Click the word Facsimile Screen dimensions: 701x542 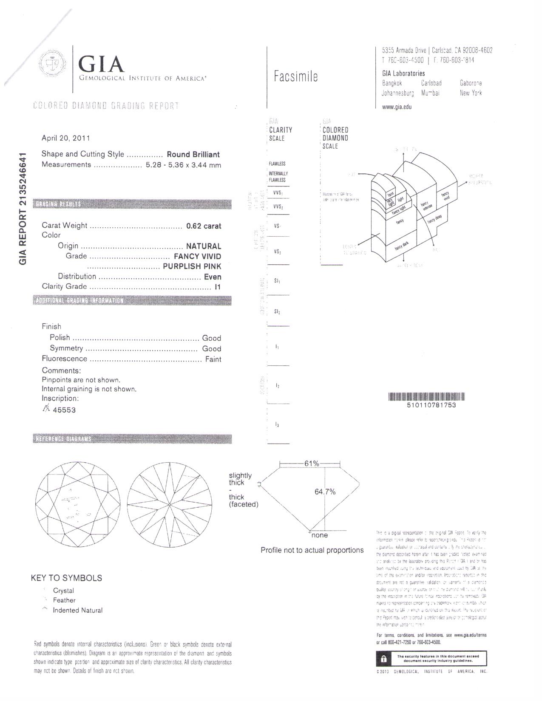pyautogui.click(x=296, y=77)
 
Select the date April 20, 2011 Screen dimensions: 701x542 pyautogui.click(x=65, y=138)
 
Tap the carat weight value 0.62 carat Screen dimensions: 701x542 pyautogui.click(x=204, y=226)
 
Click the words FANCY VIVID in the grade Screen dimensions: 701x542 pyautogui.click(x=197, y=257)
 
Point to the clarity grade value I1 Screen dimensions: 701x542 pyautogui.click(x=218, y=287)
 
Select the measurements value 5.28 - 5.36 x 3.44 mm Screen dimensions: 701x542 pyautogui.click(x=183, y=165)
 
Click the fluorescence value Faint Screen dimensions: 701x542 pyautogui.click(x=213, y=359)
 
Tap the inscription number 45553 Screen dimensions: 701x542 pyautogui.click(x=64, y=410)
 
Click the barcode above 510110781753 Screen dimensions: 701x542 pyautogui.click(x=426, y=397)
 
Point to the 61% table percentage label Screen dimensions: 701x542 pyautogui.click(x=311, y=464)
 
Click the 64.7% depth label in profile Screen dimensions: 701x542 pyautogui.click(x=325, y=492)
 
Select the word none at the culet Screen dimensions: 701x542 pyautogui.click(x=320, y=536)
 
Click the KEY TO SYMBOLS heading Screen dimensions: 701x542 pyautogui.click(x=66, y=578)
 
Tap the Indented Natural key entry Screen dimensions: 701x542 pyautogui.click(x=77, y=611)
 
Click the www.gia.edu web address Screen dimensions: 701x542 pyautogui.click(x=397, y=107)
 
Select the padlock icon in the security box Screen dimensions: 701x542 pyautogui.click(x=383, y=659)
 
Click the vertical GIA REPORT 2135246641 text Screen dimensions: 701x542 pyautogui.click(x=23, y=208)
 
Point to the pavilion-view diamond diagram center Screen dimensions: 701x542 pyautogui.click(x=169, y=504)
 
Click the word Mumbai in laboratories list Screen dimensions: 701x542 pyautogui.click(x=430, y=93)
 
